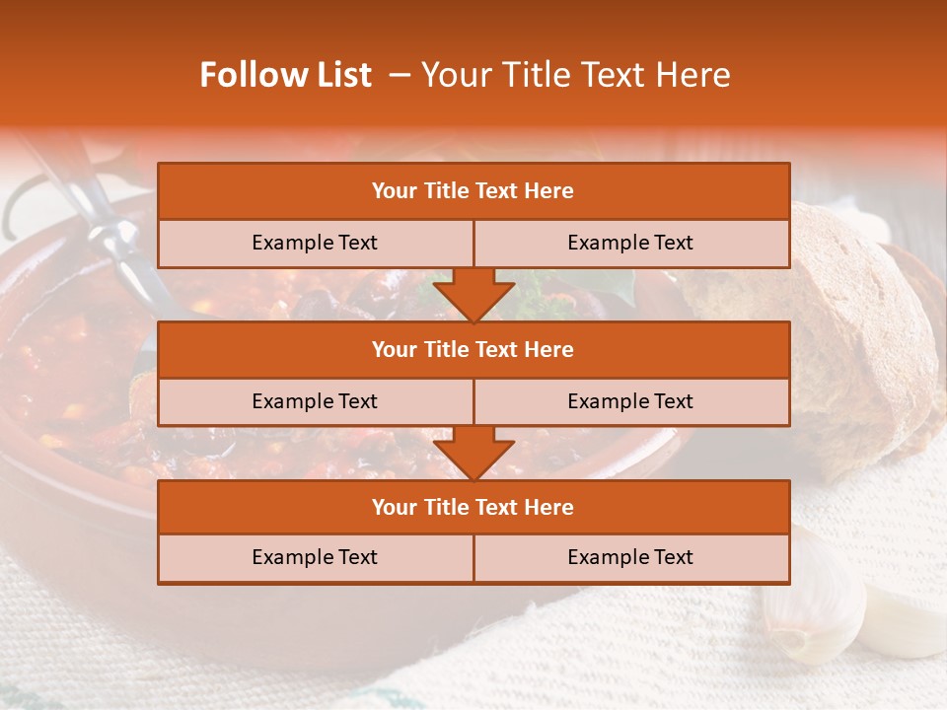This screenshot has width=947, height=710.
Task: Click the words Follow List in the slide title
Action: pyautogui.click(x=285, y=75)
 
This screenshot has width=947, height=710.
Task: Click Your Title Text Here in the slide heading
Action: pyautogui.click(x=575, y=75)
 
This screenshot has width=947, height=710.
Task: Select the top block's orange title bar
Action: pyautogui.click(x=473, y=191)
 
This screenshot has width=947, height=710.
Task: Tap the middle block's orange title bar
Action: pyautogui.click(x=473, y=349)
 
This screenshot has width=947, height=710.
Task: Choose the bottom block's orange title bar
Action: pyautogui.click(x=473, y=507)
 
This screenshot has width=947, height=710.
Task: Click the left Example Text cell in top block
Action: pyautogui.click(x=315, y=243)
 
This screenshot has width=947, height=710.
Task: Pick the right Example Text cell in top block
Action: pyautogui.click(x=630, y=243)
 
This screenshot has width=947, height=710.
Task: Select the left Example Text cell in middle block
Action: pyautogui.click(x=315, y=401)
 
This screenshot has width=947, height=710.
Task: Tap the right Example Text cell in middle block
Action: pyautogui.click(x=630, y=401)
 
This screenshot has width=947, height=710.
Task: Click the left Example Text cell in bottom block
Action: pyautogui.click(x=315, y=557)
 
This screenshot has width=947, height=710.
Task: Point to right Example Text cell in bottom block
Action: pyautogui.click(x=630, y=557)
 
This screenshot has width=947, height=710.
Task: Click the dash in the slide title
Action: pyautogui.click(x=400, y=75)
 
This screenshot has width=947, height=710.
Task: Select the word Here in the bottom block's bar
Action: pyautogui.click(x=549, y=507)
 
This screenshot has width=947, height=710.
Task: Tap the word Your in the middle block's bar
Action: pyautogui.click(x=394, y=349)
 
